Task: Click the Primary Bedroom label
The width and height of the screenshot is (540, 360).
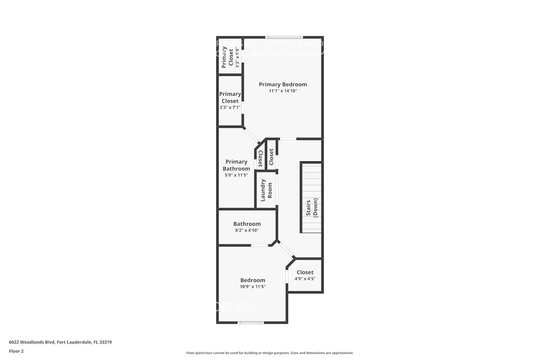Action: click(x=283, y=84)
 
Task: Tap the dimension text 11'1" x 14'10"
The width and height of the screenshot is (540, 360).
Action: click(x=283, y=91)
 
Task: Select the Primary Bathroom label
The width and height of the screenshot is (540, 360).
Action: click(x=236, y=165)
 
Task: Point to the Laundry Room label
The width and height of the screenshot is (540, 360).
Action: click(x=266, y=190)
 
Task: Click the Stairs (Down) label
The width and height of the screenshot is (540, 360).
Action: click(x=312, y=207)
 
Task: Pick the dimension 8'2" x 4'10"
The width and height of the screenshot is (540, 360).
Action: click(x=247, y=230)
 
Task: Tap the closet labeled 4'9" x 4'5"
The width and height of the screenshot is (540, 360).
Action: click(x=305, y=275)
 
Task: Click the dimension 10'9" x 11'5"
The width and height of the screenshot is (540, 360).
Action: click(x=253, y=287)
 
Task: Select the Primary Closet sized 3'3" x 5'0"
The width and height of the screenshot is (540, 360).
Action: click(x=230, y=57)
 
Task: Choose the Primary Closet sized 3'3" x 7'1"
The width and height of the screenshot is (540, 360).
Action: click(x=230, y=100)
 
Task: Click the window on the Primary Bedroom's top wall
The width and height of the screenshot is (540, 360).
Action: click(x=284, y=37)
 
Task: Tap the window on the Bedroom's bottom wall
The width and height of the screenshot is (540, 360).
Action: click(x=251, y=323)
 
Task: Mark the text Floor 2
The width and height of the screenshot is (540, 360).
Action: click(x=16, y=351)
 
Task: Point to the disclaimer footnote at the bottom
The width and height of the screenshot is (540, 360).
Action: click(x=270, y=353)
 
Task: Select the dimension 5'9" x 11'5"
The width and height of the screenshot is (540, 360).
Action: click(x=236, y=175)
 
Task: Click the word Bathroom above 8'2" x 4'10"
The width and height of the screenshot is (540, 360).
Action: click(x=247, y=224)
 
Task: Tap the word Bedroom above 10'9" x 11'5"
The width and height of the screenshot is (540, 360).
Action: click(x=253, y=280)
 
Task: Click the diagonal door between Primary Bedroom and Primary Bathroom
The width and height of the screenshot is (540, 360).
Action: click(x=252, y=135)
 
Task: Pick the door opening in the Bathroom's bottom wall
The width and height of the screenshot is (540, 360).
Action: click(x=260, y=246)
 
